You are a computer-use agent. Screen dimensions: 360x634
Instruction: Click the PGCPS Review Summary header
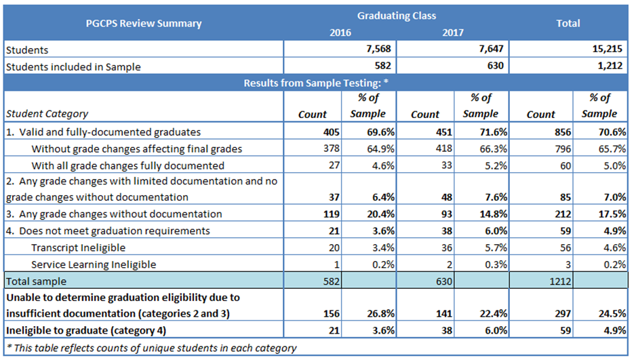tap(144, 23)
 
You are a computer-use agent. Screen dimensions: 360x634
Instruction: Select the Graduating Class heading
tap(396, 15)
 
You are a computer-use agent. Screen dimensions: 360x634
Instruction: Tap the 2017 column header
tap(453, 32)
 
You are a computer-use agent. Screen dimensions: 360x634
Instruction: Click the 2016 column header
tap(340, 32)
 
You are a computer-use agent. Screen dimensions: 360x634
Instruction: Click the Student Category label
tap(47, 114)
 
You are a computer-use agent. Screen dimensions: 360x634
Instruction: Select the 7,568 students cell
tap(378, 49)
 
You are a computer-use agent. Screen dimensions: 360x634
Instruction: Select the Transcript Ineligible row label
tap(79, 247)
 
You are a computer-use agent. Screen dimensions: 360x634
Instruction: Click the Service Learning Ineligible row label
tap(94, 264)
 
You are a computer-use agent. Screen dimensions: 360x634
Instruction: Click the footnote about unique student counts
tap(151, 348)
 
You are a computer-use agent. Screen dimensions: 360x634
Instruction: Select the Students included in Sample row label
tap(73, 66)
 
